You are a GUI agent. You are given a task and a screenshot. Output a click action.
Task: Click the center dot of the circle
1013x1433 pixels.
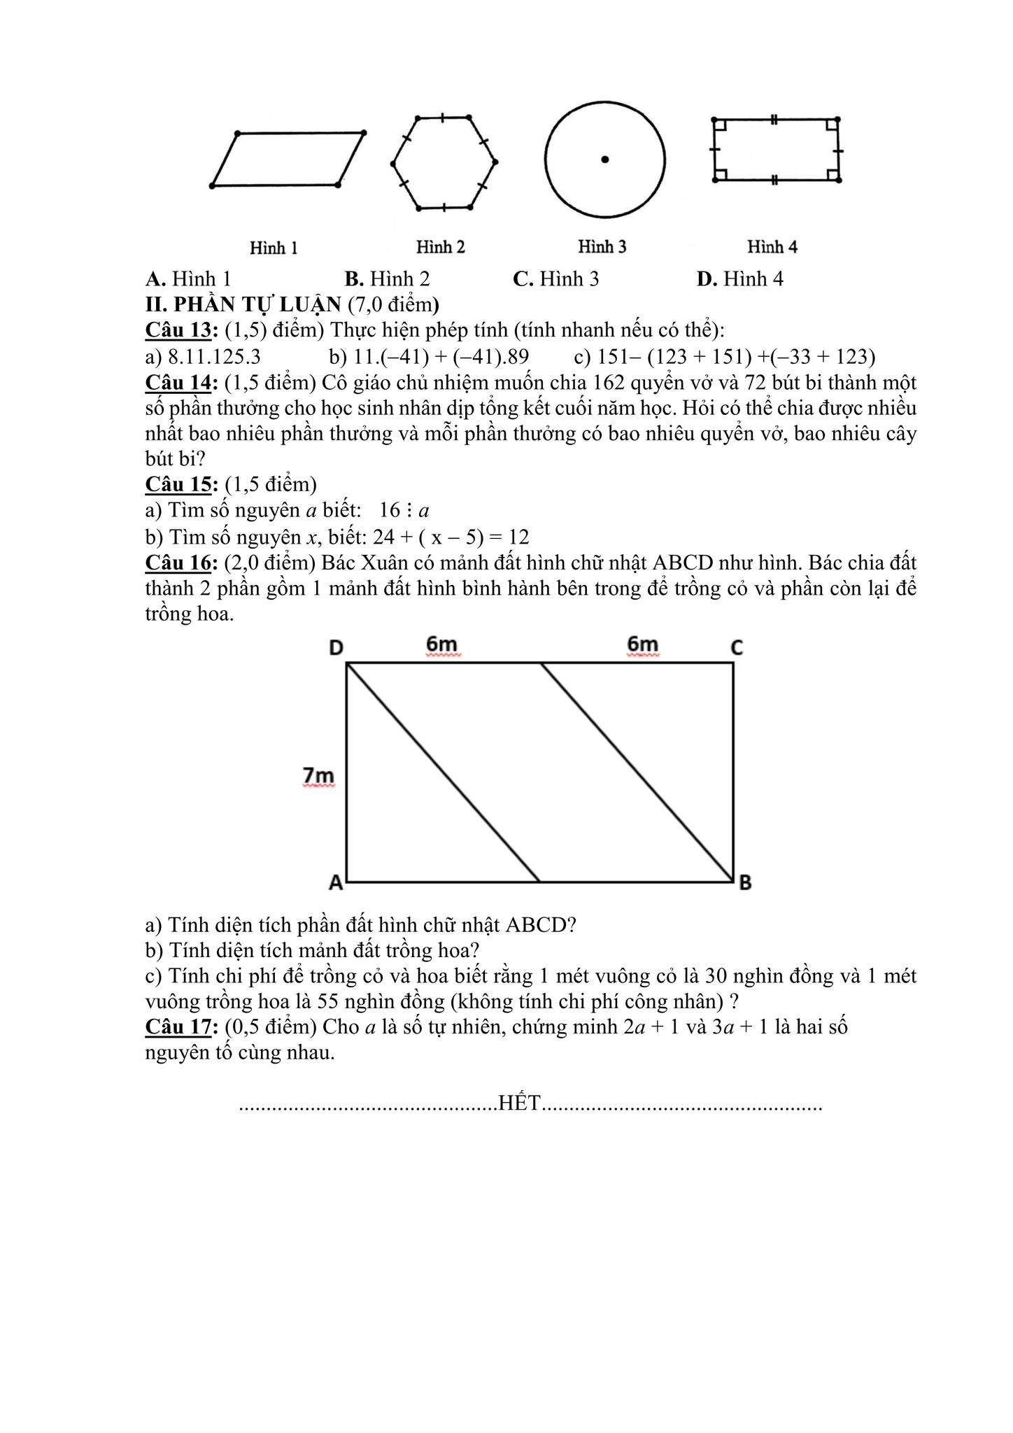605,160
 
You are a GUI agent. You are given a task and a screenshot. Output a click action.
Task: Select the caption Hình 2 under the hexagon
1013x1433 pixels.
441,247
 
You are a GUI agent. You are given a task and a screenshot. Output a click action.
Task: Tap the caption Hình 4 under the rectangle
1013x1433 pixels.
772,247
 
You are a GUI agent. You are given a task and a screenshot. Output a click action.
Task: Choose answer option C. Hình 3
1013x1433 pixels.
556,279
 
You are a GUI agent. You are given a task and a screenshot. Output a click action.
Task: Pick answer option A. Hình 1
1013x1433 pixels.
188,279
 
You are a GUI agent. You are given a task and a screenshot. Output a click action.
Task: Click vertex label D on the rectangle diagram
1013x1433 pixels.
336,649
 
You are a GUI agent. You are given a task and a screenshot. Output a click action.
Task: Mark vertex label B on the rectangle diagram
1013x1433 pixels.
745,883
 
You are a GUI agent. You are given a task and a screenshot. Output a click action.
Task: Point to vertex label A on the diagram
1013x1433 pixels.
336,883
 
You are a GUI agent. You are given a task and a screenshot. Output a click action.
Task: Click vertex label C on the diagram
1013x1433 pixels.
737,649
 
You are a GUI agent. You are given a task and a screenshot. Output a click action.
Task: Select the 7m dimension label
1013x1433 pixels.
318,776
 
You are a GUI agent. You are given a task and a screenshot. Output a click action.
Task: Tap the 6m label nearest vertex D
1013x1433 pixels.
441,644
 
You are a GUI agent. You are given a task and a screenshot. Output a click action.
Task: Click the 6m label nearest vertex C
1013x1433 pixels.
643,644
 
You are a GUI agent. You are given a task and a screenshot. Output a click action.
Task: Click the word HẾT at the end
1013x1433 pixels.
520,1103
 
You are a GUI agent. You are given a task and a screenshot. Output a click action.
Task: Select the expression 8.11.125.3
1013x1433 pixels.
214,357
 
